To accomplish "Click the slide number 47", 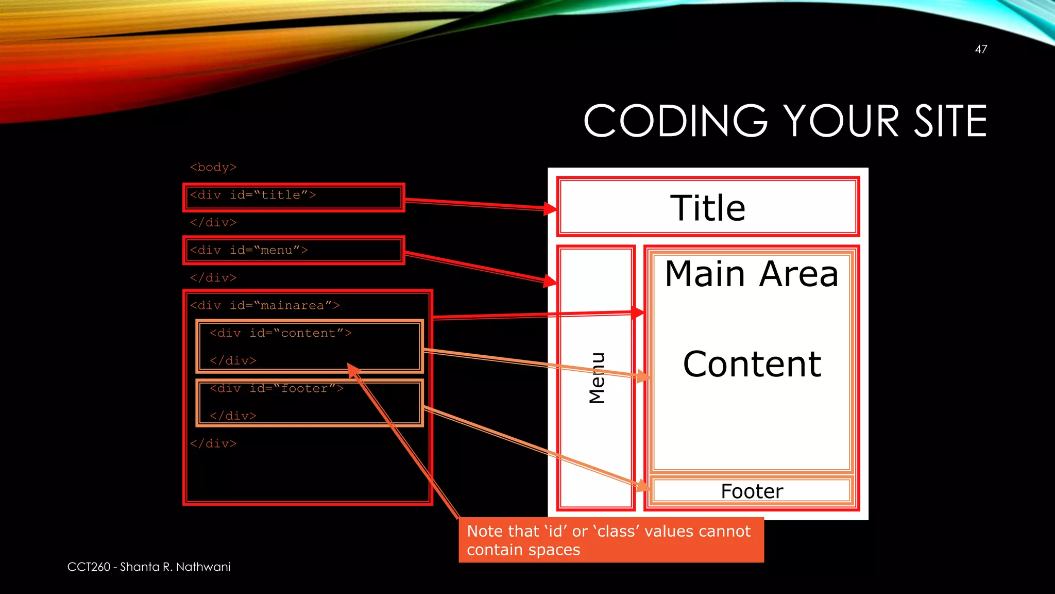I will click(x=981, y=49).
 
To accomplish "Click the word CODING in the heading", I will click(x=675, y=121).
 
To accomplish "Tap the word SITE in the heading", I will click(x=950, y=121).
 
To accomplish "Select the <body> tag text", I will click(x=213, y=168).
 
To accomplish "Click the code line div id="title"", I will click(x=252, y=195).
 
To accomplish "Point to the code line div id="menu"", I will click(x=249, y=251).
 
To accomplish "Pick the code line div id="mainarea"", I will click(x=265, y=306).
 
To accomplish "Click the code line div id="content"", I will click(x=280, y=334).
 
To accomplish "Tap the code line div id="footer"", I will click(x=276, y=389).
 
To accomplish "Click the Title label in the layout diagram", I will click(x=707, y=208).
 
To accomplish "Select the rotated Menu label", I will click(x=597, y=378).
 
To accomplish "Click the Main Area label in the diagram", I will click(x=751, y=274).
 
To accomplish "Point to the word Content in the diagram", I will click(x=752, y=365).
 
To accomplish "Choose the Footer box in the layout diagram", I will click(x=752, y=491).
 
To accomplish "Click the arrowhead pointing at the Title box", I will click(x=551, y=209).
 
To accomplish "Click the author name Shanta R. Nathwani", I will click(x=175, y=567).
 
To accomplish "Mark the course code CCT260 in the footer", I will click(x=89, y=567).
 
